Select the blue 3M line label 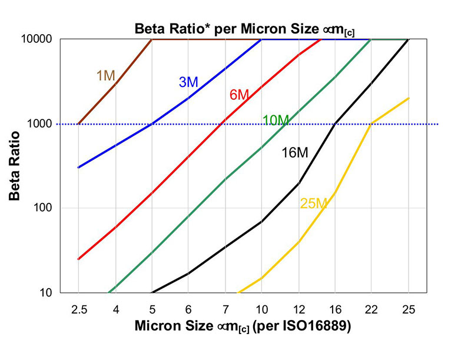188,82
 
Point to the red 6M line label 239,95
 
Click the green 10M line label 276,121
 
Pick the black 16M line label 295,154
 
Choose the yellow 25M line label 313,204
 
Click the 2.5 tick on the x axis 78,309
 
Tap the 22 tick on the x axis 372,309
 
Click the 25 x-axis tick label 408,309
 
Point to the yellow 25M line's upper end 408,98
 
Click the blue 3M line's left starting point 78,168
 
